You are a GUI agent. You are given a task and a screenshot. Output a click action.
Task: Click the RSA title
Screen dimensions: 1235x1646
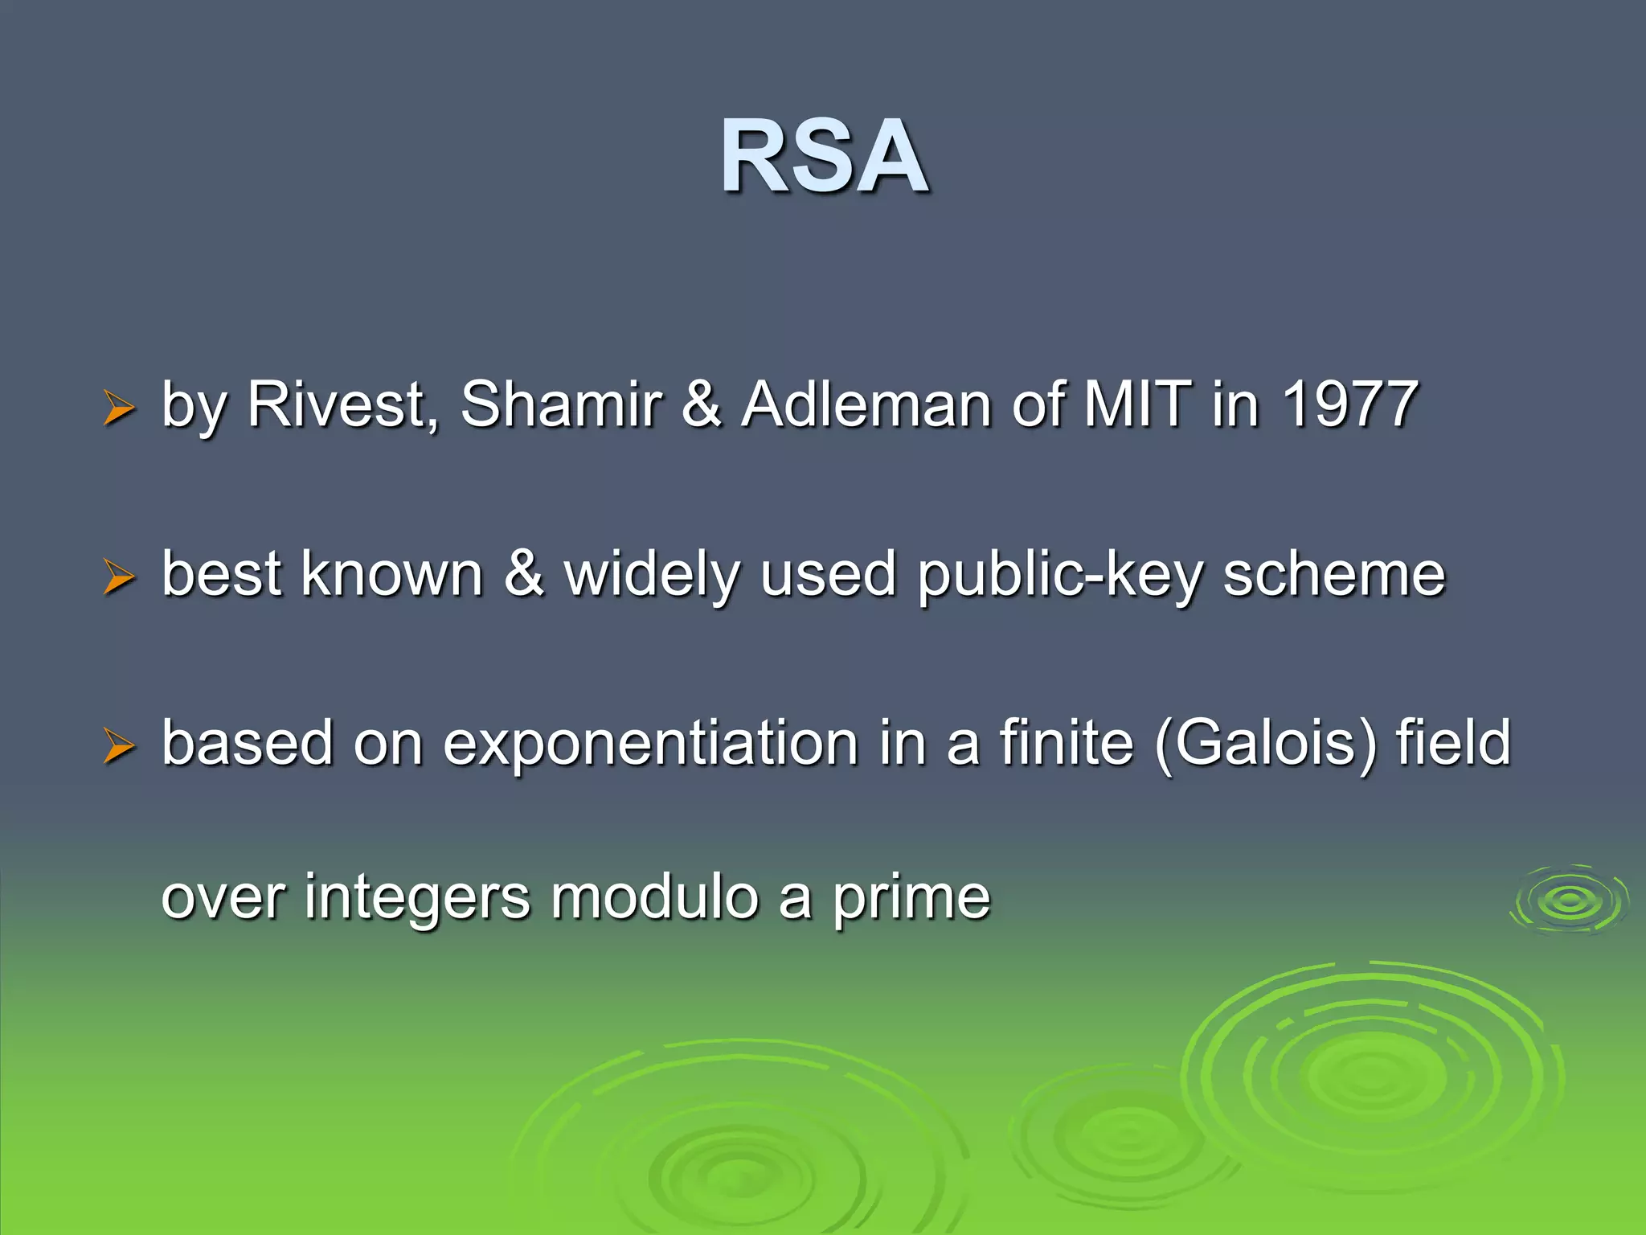[x=824, y=157]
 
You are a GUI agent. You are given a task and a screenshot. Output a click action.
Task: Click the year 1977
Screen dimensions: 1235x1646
[x=1349, y=404]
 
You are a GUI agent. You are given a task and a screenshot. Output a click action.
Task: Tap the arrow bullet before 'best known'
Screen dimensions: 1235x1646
[x=118, y=578]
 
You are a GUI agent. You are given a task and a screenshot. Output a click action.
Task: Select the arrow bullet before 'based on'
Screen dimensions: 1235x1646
[x=118, y=747]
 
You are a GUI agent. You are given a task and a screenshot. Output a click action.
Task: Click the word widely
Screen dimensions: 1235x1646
[x=652, y=574]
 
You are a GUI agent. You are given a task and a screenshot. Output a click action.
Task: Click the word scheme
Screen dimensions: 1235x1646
[x=1333, y=574]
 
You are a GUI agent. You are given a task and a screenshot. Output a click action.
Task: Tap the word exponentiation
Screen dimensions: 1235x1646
[x=650, y=743]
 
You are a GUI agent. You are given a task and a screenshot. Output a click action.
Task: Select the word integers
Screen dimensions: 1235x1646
[x=417, y=897]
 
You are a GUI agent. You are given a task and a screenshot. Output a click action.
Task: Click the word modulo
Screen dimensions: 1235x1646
[x=654, y=897]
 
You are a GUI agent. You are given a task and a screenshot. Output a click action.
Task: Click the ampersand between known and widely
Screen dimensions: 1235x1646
[x=524, y=574]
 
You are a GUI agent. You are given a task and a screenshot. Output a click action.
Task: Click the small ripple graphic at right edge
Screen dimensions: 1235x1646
[x=1570, y=901]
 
